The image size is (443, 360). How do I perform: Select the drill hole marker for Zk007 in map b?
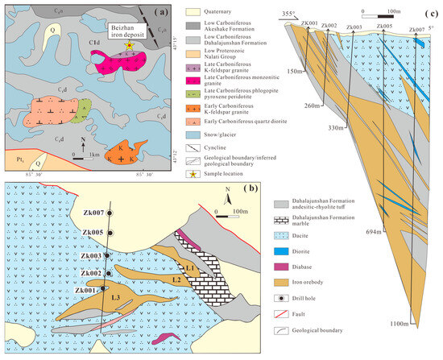click(110, 213)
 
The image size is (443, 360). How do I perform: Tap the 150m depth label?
click(293, 71)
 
